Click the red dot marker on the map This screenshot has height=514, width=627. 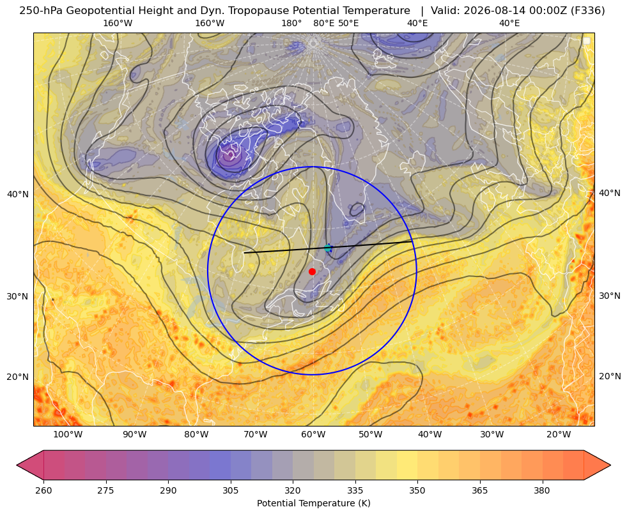(x=313, y=271)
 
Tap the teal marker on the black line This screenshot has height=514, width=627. (x=328, y=248)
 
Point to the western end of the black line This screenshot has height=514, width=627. (x=244, y=253)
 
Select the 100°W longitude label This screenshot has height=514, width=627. (x=68, y=434)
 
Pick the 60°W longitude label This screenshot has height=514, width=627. (x=313, y=434)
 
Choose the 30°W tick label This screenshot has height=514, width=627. (x=492, y=434)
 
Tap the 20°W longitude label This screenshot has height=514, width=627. (x=559, y=434)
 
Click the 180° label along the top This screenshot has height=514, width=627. (x=291, y=23)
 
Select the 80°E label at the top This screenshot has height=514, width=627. (x=324, y=23)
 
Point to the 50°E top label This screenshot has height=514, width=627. (x=348, y=23)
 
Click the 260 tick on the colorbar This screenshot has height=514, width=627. (x=43, y=490)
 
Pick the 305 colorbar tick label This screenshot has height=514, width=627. (x=230, y=490)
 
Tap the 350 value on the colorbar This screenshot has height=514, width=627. (x=417, y=490)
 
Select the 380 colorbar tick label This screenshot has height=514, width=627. (x=542, y=490)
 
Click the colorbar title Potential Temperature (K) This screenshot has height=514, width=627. (x=313, y=503)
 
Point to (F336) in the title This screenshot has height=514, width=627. (x=588, y=11)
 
